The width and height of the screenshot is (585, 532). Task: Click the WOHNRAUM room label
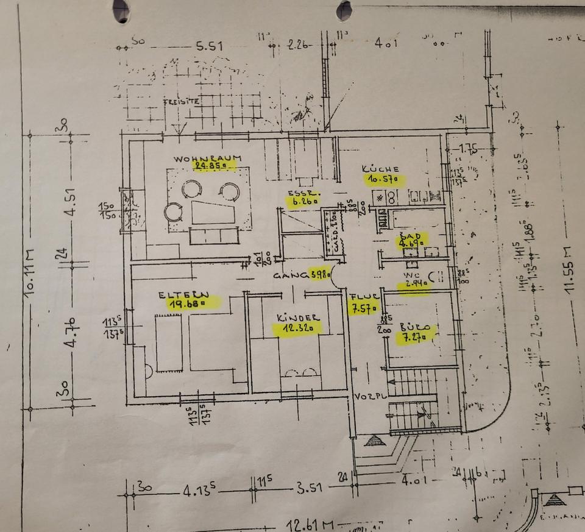[207, 158]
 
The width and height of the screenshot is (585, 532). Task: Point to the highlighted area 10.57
[386, 179]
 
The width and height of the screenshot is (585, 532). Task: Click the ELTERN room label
[183, 294]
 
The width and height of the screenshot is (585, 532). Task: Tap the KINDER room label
[299, 318]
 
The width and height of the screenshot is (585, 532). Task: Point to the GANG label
[290, 275]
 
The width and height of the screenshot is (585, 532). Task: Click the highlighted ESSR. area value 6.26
[301, 204]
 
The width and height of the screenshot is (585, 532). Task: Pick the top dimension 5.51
[207, 46]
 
